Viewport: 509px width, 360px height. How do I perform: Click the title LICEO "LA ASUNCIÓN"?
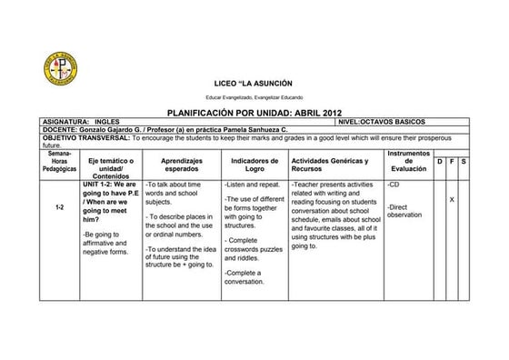pyautogui.click(x=254, y=83)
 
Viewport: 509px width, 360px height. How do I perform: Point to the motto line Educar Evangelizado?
pyautogui.click(x=254, y=96)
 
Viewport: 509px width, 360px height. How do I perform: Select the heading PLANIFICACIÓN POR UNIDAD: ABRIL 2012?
pyautogui.click(x=254, y=112)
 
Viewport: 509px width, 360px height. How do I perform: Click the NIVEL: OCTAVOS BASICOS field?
pyautogui.click(x=381, y=121)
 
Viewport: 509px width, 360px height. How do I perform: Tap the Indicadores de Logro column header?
pyautogui.click(x=254, y=165)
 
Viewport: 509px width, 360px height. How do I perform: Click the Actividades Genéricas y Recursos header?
pyautogui.click(x=330, y=165)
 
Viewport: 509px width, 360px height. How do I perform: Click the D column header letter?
pyautogui.click(x=440, y=161)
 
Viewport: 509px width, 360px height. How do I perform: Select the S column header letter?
pyautogui.click(x=464, y=161)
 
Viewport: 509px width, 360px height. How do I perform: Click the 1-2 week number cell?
pyautogui.click(x=58, y=207)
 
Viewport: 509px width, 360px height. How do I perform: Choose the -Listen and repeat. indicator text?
pyautogui.click(x=252, y=184)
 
